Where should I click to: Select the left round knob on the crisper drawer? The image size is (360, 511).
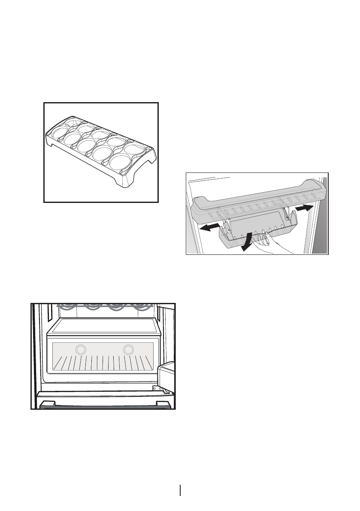click(79, 350)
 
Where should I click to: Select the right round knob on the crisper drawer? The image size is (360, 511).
click(128, 350)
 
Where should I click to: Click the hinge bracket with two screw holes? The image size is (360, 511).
click(160, 390)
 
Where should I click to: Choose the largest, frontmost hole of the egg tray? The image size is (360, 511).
click(121, 163)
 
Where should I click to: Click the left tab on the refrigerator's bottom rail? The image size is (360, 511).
click(48, 403)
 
